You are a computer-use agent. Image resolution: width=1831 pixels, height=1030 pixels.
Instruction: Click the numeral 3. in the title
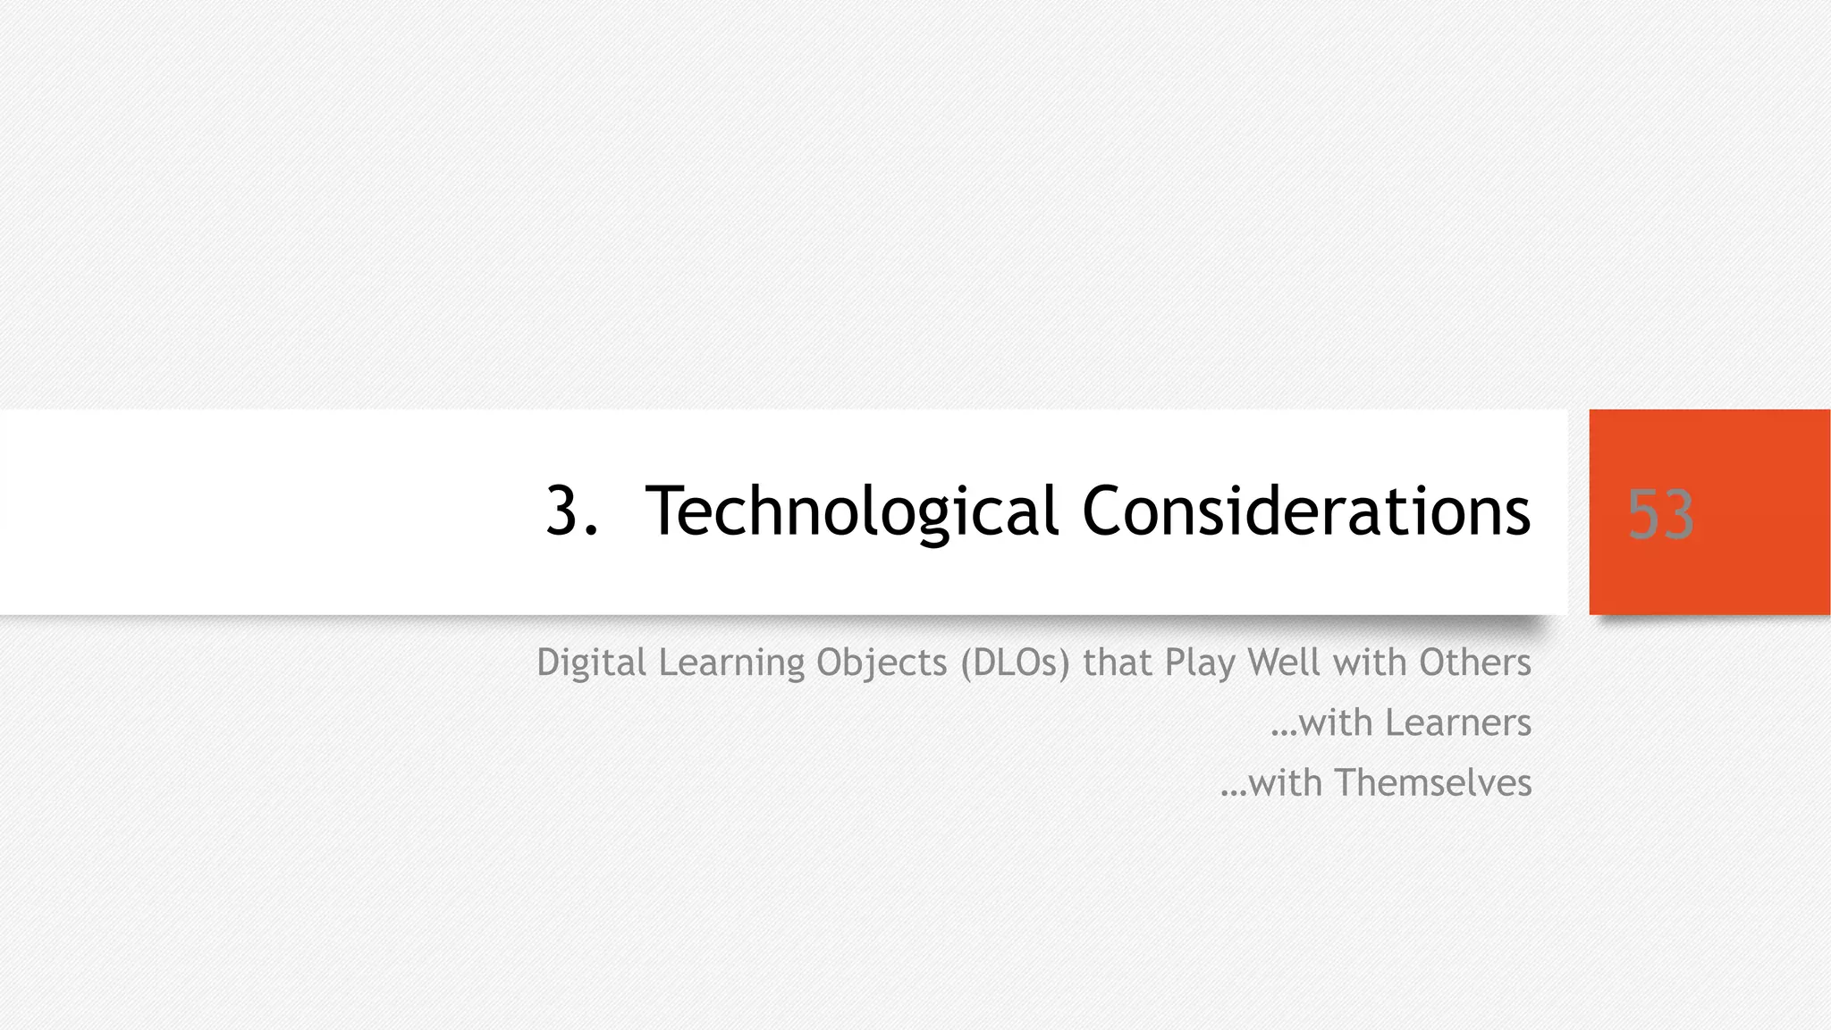pyautogui.click(x=570, y=511)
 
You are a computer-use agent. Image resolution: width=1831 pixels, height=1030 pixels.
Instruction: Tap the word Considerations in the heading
pyautogui.click(x=1306, y=511)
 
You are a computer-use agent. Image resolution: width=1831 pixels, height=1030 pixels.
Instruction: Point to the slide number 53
pyautogui.click(x=1660, y=515)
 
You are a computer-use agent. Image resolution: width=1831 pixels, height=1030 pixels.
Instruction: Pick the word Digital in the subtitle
pyautogui.click(x=591, y=663)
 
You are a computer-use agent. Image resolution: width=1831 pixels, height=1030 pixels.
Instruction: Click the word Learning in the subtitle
pyautogui.click(x=731, y=663)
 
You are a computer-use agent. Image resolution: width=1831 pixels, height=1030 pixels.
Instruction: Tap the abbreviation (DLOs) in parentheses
pyautogui.click(x=1015, y=663)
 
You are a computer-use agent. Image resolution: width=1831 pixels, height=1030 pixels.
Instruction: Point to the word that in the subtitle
pyautogui.click(x=1118, y=663)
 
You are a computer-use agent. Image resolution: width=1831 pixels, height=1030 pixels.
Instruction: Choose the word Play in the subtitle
pyautogui.click(x=1200, y=663)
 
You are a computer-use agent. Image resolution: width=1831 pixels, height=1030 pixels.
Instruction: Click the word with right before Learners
pyautogui.click(x=1336, y=722)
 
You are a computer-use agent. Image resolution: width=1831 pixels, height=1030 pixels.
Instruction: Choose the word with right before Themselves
pyautogui.click(x=1286, y=783)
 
